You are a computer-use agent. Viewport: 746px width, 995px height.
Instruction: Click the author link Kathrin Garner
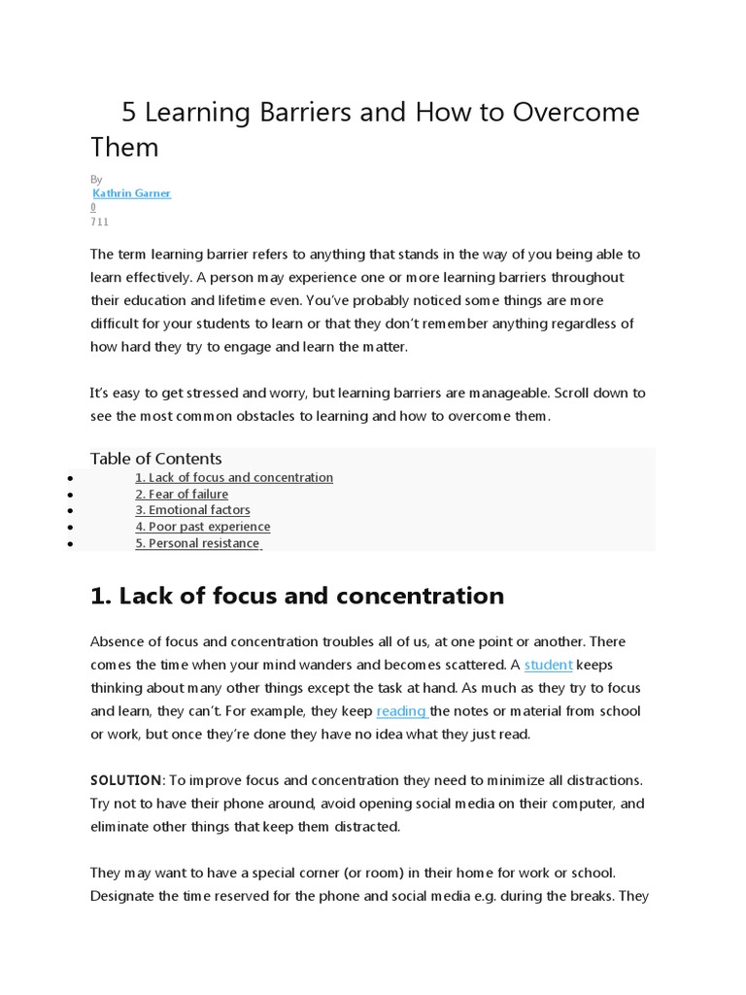(x=131, y=193)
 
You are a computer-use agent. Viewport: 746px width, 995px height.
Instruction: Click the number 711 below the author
(x=100, y=222)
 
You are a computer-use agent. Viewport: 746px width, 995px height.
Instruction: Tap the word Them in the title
(x=124, y=148)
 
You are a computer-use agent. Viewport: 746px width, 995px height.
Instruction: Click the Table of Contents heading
(x=155, y=459)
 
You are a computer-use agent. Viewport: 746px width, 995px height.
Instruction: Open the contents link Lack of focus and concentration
(x=234, y=478)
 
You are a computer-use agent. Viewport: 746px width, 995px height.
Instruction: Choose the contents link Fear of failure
(x=182, y=495)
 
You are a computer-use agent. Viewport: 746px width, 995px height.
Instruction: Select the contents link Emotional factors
(x=192, y=510)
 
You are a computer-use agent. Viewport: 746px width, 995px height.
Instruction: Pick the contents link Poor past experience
(x=202, y=527)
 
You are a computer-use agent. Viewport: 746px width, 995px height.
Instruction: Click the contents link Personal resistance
(x=197, y=543)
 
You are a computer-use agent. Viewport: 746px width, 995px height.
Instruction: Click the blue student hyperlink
(x=549, y=665)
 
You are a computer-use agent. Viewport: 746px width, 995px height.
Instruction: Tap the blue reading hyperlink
(x=402, y=711)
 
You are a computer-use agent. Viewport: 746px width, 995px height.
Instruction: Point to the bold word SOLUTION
(x=125, y=781)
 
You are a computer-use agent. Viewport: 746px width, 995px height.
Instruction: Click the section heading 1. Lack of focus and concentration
(x=297, y=596)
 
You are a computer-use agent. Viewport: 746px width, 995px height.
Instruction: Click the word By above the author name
(x=96, y=180)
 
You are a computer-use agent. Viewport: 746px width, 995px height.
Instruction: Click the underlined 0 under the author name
(x=93, y=207)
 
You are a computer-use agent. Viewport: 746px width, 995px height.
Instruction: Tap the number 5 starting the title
(x=128, y=113)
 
